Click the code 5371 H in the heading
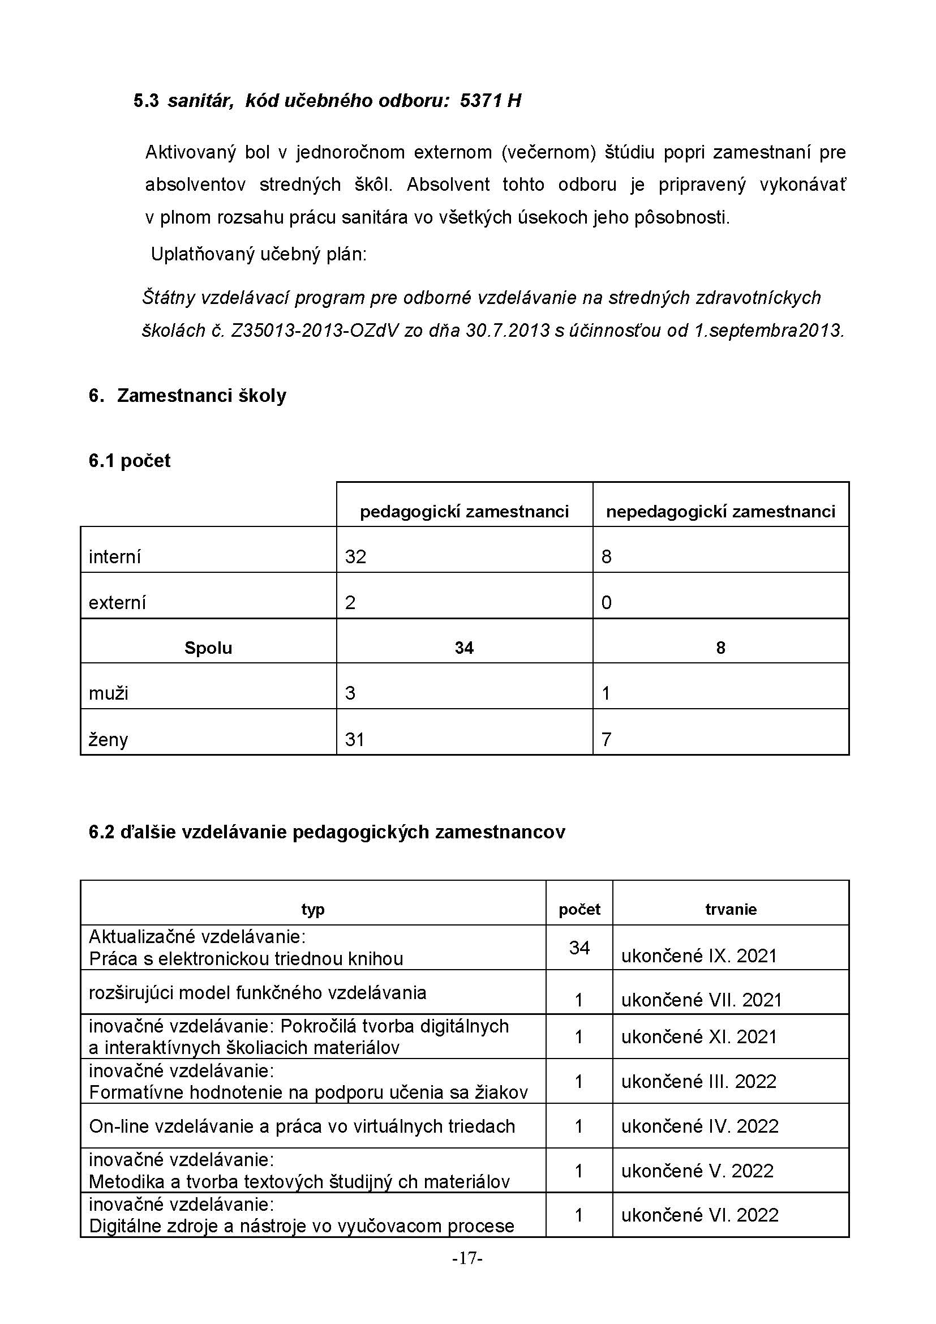point(491,101)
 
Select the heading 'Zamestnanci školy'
point(201,396)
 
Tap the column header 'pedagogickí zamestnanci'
point(464,512)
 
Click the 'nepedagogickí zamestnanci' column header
point(720,512)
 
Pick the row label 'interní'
point(115,557)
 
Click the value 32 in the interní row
point(355,556)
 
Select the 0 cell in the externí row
point(606,603)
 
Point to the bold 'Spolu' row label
point(208,648)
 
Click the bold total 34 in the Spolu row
point(464,648)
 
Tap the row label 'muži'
point(108,693)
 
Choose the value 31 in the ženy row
point(354,739)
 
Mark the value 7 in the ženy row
point(606,739)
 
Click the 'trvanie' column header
point(731,910)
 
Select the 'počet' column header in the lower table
point(579,910)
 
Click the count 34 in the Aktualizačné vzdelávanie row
point(579,948)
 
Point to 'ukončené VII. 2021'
point(701,1000)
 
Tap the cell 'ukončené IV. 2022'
point(699,1126)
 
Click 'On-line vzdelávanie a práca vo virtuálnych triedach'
point(302,1126)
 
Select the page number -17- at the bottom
point(467,1258)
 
